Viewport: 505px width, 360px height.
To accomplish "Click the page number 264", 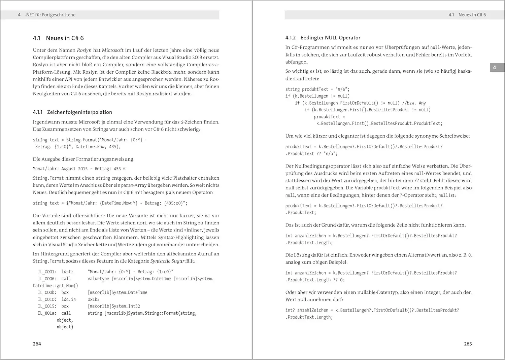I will [x=37, y=344].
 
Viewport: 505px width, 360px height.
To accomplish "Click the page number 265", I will [x=468, y=344].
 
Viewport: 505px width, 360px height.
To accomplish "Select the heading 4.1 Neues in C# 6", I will [x=58, y=38].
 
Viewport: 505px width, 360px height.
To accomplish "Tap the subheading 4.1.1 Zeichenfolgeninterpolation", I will [x=72, y=112].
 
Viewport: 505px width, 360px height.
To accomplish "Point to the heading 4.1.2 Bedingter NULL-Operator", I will [x=323, y=38].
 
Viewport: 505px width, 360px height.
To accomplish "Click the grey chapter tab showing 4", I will [x=495, y=67].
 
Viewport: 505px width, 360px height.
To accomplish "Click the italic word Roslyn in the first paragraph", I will [x=84, y=50].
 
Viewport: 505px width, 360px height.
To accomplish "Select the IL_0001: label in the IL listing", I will [x=47, y=272].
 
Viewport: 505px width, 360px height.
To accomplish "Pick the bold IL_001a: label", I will [x=47, y=313].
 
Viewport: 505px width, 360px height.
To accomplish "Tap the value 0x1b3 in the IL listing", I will [x=94, y=299].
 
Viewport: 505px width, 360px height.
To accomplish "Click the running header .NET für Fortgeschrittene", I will [x=50, y=15].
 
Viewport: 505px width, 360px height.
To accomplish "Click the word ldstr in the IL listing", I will [x=67, y=272].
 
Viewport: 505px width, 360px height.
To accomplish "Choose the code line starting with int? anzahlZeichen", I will [x=372, y=310].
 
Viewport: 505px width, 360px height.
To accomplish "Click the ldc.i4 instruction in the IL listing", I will [x=69, y=299].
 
